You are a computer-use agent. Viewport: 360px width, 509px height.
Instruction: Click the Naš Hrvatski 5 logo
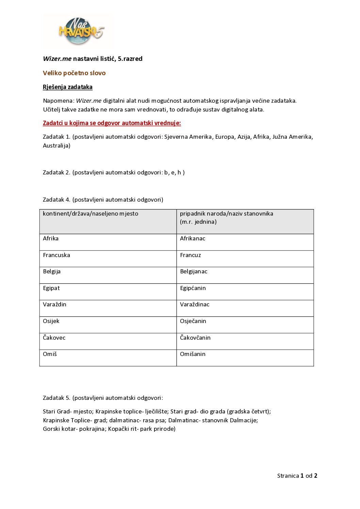tap(81, 31)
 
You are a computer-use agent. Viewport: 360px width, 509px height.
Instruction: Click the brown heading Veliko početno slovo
tap(74, 73)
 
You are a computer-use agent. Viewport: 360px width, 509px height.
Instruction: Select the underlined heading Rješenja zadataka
tap(68, 87)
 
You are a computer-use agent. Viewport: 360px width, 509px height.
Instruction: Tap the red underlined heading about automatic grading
tap(112, 123)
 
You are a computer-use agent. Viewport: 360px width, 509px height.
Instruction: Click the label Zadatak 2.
tap(56, 173)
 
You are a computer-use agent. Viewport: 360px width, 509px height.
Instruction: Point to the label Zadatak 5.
tap(56, 398)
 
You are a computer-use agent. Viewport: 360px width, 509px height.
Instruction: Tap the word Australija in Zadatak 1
tap(56, 146)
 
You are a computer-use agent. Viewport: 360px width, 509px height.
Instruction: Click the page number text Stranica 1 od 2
tap(297, 476)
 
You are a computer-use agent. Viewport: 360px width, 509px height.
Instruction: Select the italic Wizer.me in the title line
tap(57, 59)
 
